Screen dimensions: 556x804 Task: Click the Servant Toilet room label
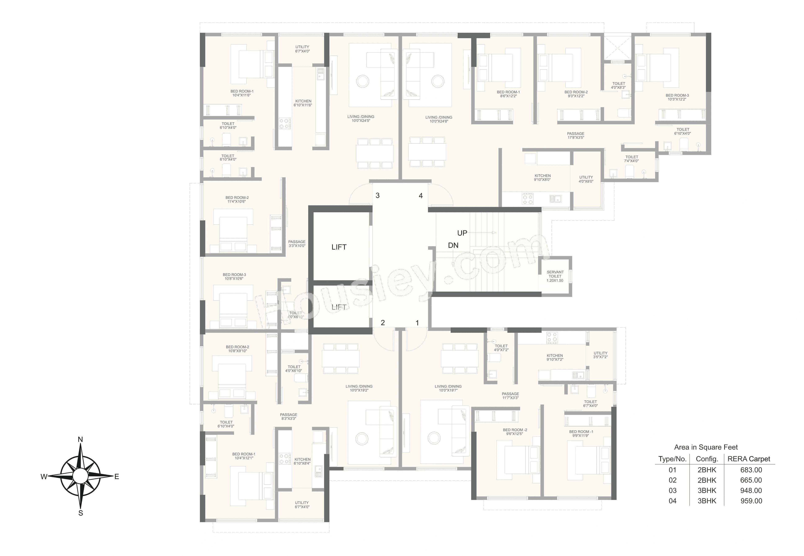click(x=555, y=276)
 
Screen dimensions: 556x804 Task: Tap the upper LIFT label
click(x=339, y=247)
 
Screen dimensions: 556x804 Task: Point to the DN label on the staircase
click(x=453, y=245)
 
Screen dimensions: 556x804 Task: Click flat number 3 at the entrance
click(x=378, y=195)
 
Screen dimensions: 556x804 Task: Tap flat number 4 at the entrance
click(x=421, y=196)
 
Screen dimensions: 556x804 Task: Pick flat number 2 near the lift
click(x=383, y=323)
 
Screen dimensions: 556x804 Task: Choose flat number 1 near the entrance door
click(x=417, y=323)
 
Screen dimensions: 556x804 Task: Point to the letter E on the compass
click(x=117, y=477)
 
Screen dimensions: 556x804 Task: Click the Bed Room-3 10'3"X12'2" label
click(x=677, y=97)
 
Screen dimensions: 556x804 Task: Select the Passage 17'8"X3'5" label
click(x=576, y=136)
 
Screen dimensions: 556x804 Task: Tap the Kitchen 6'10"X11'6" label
click(x=303, y=103)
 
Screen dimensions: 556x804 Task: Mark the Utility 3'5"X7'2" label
click(x=600, y=355)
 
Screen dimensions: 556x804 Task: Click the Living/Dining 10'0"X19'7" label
click(x=448, y=388)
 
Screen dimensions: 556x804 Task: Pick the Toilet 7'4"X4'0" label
click(x=631, y=159)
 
